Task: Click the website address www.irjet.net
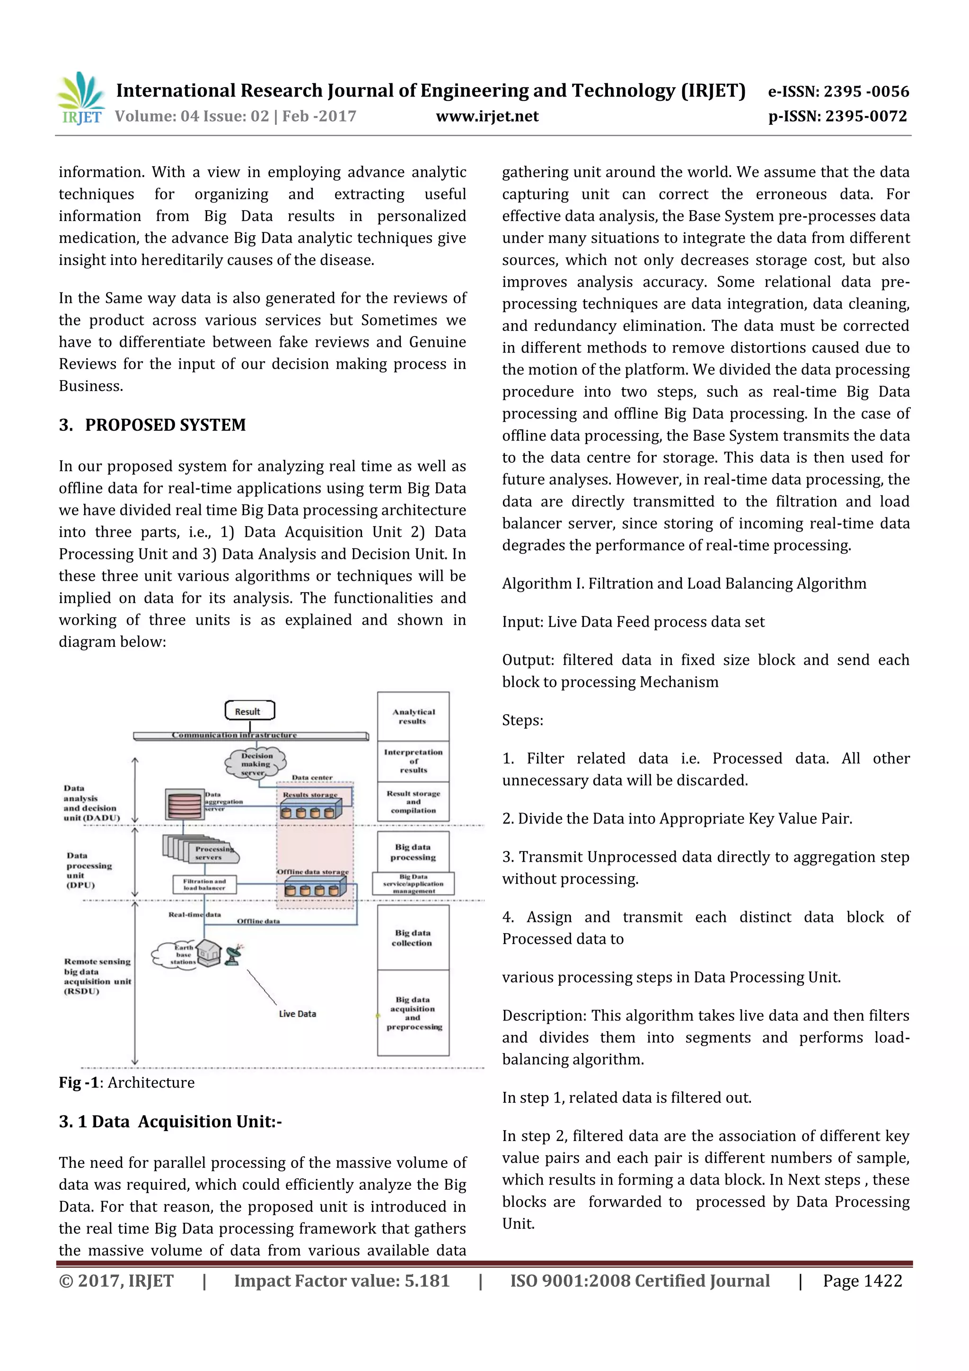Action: tap(487, 116)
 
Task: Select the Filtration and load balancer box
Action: tap(205, 885)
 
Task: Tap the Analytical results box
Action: tap(413, 716)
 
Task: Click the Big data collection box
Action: tap(413, 938)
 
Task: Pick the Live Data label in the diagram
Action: tap(297, 1014)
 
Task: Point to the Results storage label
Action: tap(310, 795)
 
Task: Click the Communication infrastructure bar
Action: tap(251, 735)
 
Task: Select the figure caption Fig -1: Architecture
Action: tap(127, 1083)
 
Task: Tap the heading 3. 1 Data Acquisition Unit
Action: tap(170, 1122)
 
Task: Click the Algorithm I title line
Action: tap(684, 584)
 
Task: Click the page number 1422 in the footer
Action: tap(862, 1281)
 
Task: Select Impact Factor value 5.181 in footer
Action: tap(342, 1281)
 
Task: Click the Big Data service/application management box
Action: tap(413, 884)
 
